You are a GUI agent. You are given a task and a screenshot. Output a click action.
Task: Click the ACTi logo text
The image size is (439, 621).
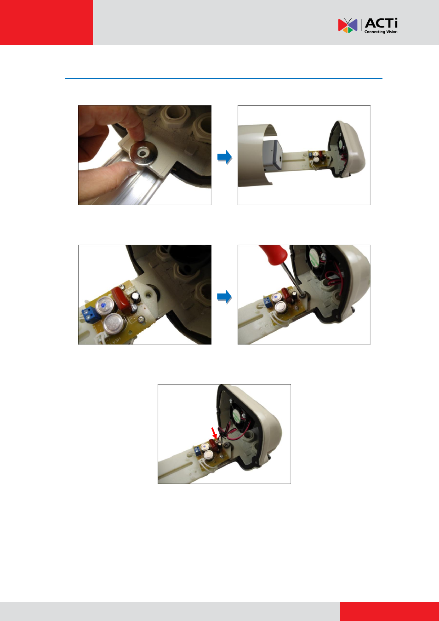point(381,23)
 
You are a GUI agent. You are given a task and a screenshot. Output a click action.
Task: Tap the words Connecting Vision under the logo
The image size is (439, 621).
point(381,32)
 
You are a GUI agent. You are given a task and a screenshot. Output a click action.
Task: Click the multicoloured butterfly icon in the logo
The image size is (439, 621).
point(348,25)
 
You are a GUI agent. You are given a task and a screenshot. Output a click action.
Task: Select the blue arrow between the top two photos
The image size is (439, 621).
point(225,157)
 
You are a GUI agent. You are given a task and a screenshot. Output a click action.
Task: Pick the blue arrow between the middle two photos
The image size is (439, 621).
point(225,297)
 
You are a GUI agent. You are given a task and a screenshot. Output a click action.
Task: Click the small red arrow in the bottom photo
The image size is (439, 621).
point(214,433)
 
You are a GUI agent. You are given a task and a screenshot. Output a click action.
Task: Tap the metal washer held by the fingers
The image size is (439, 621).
point(143,153)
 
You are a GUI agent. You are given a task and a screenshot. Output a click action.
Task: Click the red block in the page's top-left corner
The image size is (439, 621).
point(46,23)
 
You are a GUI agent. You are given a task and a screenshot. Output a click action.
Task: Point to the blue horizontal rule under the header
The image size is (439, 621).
point(224,79)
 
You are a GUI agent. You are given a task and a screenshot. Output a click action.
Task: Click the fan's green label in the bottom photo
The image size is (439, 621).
point(236,415)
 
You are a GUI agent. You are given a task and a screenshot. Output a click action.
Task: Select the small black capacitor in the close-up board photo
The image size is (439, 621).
point(136,297)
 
